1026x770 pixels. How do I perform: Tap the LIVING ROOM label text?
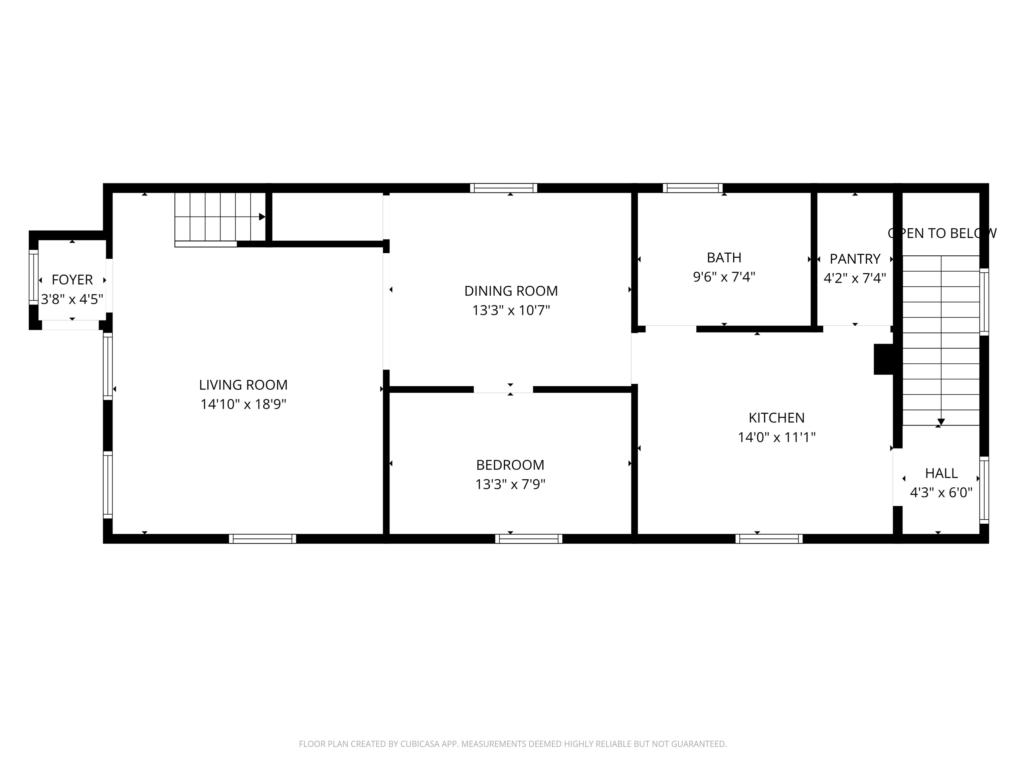click(x=243, y=385)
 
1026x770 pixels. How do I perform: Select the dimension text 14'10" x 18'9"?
click(x=243, y=404)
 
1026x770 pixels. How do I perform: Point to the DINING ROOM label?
click(x=511, y=291)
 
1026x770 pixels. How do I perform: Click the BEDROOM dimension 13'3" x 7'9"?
click(x=510, y=484)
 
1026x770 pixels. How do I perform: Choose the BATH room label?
click(x=724, y=258)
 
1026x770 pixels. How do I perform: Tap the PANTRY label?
click(x=855, y=259)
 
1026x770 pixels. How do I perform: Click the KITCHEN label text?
click(x=777, y=418)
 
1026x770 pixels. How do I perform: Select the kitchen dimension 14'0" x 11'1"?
click(x=777, y=437)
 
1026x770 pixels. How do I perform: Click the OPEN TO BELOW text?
click(x=942, y=234)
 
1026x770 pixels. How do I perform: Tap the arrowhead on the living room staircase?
click(x=262, y=217)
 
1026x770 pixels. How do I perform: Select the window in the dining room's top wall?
click(x=504, y=188)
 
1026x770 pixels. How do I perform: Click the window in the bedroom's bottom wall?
click(x=529, y=539)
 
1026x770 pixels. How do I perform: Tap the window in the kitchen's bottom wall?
click(x=769, y=539)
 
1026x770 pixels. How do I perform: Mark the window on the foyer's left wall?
click(x=33, y=277)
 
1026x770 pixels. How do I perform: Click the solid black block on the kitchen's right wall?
click(x=884, y=359)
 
